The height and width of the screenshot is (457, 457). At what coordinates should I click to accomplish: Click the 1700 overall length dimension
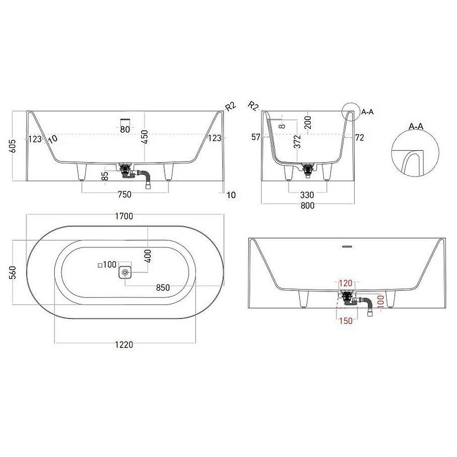124,216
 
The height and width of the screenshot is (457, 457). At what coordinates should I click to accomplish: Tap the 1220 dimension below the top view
124,344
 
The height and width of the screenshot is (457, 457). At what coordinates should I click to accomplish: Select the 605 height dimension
13,146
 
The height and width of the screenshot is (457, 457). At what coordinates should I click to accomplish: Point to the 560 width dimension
13,272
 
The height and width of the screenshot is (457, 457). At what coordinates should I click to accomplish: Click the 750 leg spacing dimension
125,194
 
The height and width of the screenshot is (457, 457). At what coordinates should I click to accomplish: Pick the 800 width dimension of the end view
307,206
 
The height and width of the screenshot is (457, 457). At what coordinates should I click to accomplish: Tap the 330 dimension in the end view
307,195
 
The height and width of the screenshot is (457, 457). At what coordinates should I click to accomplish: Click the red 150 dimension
346,320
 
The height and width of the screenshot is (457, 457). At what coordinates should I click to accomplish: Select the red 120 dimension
346,283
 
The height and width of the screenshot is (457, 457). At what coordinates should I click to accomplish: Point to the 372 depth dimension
297,141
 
